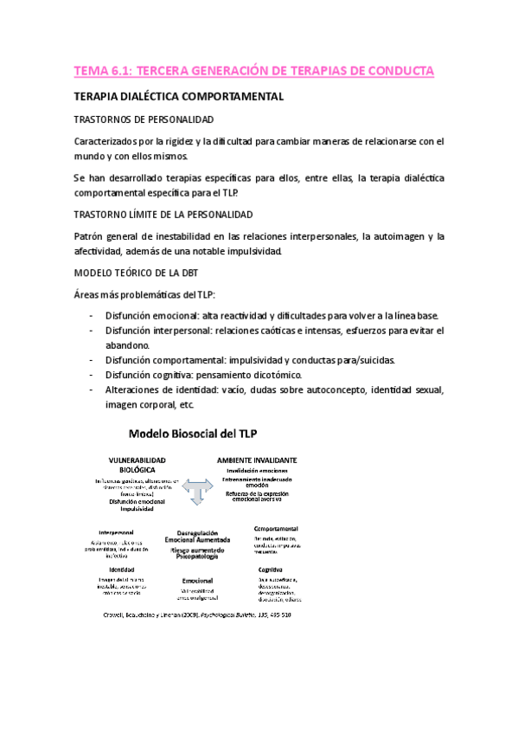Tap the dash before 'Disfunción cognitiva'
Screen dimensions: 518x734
coord(93,375)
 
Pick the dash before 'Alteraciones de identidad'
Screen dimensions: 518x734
coord(93,390)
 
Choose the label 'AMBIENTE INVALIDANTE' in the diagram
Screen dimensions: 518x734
coord(257,460)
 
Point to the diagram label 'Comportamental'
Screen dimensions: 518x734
coord(277,528)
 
